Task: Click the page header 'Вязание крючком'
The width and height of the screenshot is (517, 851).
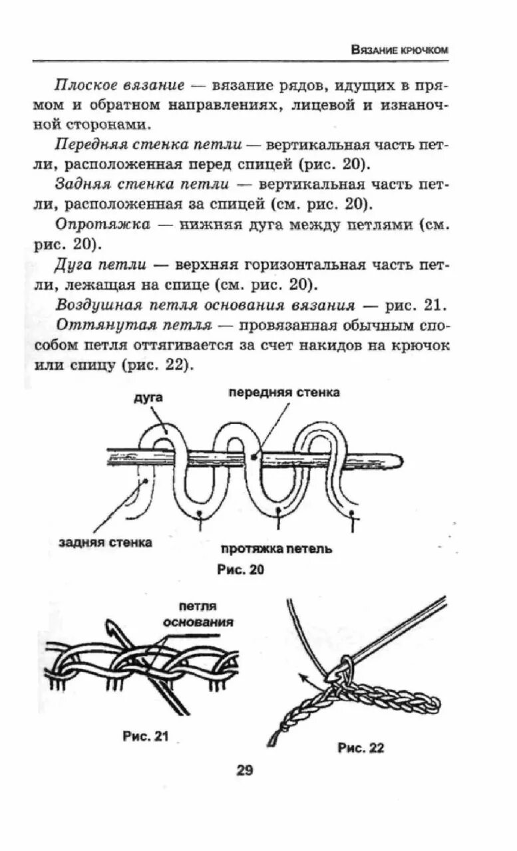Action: pyautogui.click(x=399, y=50)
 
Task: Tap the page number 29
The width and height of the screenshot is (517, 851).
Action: pyautogui.click(x=245, y=771)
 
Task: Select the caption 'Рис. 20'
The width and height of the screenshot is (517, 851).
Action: pyautogui.click(x=241, y=570)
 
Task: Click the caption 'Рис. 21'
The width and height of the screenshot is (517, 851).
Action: pyautogui.click(x=146, y=736)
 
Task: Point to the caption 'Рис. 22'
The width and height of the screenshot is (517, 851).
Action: pyautogui.click(x=361, y=748)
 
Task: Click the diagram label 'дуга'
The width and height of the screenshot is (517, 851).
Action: pyautogui.click(x=148, y=398)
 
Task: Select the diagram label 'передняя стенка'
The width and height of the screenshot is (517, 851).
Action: pyautogui.click(x=284, y=392)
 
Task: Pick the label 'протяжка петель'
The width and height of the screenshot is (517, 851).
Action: pyautogui.click(x=276, y=549)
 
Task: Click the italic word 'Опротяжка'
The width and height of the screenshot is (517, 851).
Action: pyautogui.click(x=103, y=225)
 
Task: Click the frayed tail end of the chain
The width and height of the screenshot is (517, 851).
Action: pyautogui.click(x=273, y=739)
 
